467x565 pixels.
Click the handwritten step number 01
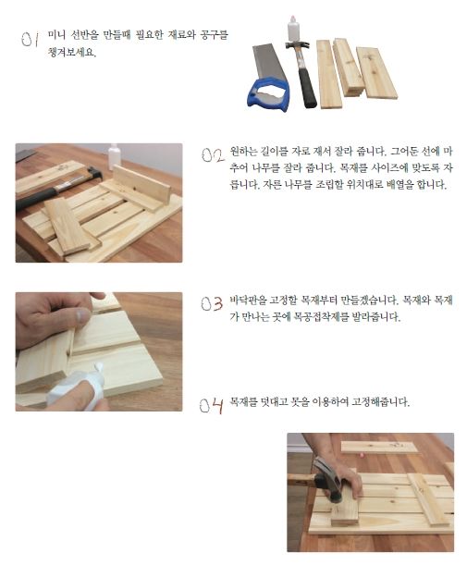click(30, 39)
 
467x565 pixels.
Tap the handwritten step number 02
click(213, 155)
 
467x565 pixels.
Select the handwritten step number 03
click(212, 303)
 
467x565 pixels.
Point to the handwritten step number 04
click(211, 406)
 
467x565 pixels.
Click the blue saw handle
click(268, 94)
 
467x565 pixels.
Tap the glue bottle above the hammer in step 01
click(293, 29)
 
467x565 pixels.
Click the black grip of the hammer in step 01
click(307, 88)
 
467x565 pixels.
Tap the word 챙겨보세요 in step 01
click(72, 53)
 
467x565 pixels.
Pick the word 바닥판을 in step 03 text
click(248, 301)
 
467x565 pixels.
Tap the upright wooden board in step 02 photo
click(141, 184)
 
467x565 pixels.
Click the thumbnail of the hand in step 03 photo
click(83, 316)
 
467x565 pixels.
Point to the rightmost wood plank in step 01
click(377, 73)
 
